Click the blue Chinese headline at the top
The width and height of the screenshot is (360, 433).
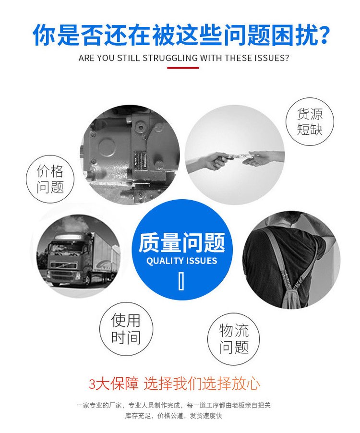181,35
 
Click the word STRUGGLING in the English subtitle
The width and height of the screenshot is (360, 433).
170,58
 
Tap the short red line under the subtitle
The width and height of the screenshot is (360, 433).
183,67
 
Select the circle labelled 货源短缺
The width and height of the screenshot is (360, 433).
310,121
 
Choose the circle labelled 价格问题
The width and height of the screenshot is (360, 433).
50,179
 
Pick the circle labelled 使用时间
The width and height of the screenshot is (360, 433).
126,329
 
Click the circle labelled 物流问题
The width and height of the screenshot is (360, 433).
234,339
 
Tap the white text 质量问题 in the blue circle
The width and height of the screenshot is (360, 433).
181,242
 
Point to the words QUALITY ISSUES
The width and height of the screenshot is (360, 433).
181,261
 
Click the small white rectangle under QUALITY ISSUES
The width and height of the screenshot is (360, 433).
181,281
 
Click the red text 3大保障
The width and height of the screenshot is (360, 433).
113,384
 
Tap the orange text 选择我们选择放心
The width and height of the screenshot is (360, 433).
202,384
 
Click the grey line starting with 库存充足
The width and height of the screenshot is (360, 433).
173,416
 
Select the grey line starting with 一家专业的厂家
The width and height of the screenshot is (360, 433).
173,405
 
